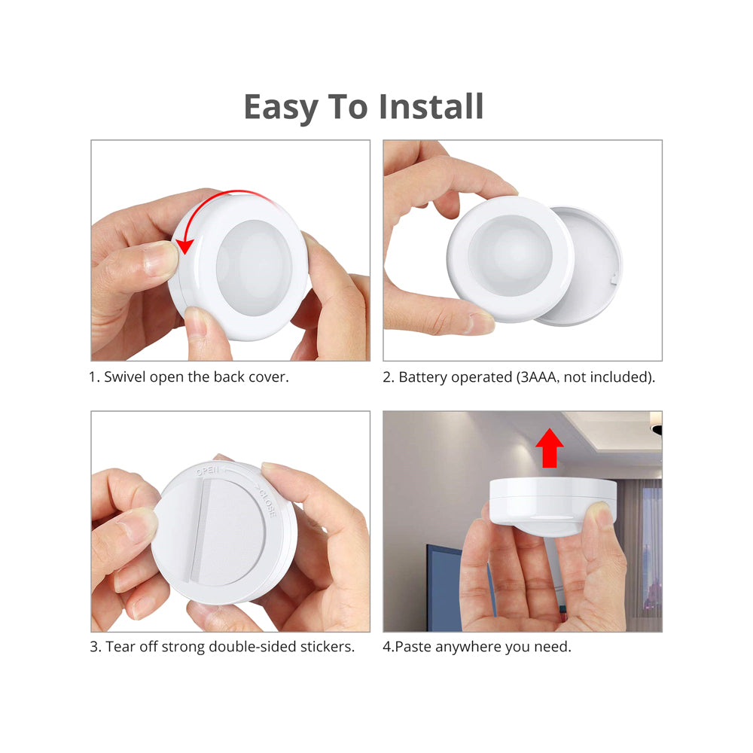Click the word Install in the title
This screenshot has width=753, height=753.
(x=431, y=106)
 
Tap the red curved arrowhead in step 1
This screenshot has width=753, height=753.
(x=185, y=245)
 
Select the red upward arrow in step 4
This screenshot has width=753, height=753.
(x=550, y=448)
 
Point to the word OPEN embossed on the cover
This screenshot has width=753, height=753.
(x=208, y=471)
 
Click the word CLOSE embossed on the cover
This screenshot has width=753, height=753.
(x=268, y=503)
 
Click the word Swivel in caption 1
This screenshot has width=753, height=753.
(x=125, y=377)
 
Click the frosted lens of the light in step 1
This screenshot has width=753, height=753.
(x=254, y=267)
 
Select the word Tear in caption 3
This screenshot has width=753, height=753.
(x=120, y=647)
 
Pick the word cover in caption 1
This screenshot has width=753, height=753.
(x=270, y=377)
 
